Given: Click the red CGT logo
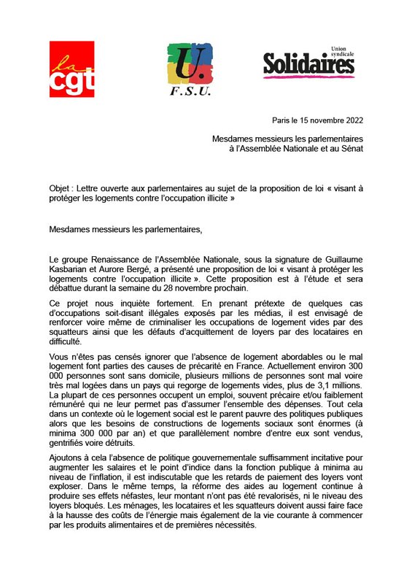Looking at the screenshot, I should tap(71, 69).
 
